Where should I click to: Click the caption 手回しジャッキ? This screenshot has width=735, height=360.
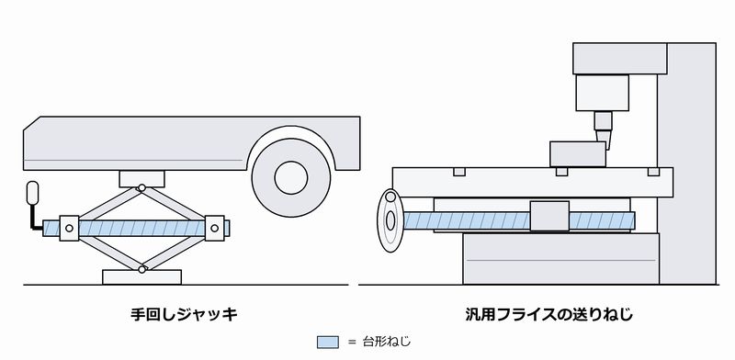[x=185, y=314]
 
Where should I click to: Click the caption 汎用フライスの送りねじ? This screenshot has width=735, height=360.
[x=548, y=314]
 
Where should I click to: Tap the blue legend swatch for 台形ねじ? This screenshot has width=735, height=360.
[x=328, y=343]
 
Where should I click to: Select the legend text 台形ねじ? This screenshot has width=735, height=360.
[x=387, y=342]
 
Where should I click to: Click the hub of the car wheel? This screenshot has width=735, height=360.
[x=291, y=177]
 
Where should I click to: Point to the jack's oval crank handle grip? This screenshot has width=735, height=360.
[x=32, y=193]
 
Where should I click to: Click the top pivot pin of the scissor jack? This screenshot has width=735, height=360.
[x=141, y=188]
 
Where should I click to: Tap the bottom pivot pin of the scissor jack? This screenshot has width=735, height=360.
[x=141, y=269]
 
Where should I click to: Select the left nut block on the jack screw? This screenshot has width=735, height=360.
[x=70, y=229]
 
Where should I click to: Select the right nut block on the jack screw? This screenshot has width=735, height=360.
[x=215, y=229]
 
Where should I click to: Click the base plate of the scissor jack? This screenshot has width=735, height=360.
[x=142, y=277]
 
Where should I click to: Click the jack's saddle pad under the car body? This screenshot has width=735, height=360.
[x=141, y=179]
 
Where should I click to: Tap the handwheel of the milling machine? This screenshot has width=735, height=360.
[x=390, y=220]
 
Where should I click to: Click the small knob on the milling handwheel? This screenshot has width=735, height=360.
[x=390, y=197]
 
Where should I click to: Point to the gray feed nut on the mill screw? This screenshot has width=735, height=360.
[x=549, y=216]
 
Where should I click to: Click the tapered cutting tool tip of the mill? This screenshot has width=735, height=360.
[x=603, y=140]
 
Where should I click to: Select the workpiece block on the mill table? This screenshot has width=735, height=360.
[x=578, y=154]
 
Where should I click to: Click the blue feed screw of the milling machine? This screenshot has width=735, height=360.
[x=519, y=220]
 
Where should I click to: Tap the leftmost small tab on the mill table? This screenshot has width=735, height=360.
[x=459, y=172]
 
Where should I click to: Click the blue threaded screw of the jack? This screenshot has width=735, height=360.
[x=136, y=229]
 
